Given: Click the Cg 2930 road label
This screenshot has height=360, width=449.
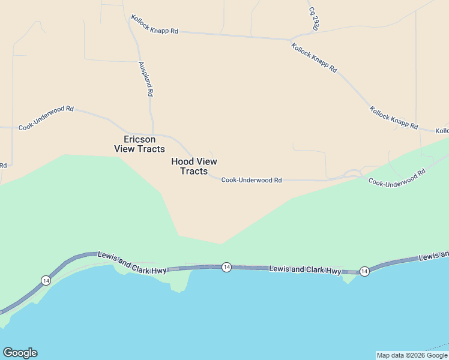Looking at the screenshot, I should (x=313, y=19).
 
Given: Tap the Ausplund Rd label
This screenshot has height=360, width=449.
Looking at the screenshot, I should (x=146, y=79).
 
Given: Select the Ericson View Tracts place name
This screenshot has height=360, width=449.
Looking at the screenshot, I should (x=139, y=144).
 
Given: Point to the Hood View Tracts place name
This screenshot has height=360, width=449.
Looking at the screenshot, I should (x=194, y=166).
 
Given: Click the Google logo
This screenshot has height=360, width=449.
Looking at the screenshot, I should (x=20, y=353).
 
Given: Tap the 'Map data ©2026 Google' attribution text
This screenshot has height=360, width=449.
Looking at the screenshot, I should (x=412, y=355).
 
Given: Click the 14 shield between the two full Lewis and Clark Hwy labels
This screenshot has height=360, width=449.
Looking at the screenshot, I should (x=226, y=267).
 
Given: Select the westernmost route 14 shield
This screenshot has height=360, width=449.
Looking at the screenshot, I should (x=46, y=280).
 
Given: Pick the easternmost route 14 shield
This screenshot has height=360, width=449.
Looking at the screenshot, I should (x=364, y=272).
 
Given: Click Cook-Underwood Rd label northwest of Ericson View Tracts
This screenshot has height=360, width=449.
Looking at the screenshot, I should (x=46, y=118).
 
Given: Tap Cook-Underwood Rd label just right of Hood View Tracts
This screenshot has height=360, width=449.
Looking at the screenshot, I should (x=252, y=180).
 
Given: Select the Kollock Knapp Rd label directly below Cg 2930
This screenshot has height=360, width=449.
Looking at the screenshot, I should (x=314, y=58).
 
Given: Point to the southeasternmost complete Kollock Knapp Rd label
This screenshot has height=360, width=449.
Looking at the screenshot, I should (x=393, y=118).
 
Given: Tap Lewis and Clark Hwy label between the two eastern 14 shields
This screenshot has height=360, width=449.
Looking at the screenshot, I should (x=305, y=270).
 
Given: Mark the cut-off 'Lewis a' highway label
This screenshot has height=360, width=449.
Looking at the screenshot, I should (x=433, y=256).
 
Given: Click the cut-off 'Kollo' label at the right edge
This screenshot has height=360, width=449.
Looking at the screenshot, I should (x=442, y=131).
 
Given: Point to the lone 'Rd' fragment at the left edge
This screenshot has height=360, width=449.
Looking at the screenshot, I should (x=3, y=165).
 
